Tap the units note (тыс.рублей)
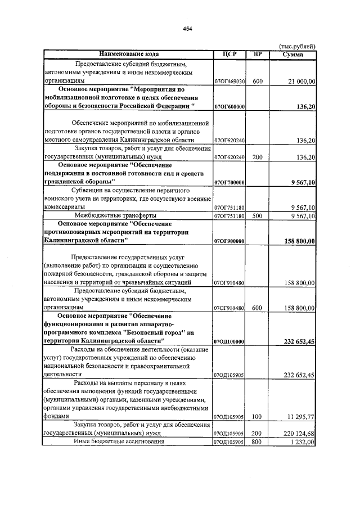click(298, 47)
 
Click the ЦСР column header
click(229, 55)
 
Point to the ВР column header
click(258, 55)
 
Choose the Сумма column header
click(293, 55)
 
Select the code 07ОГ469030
click(229, 82)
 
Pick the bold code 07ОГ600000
click(229, 106)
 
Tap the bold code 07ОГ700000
click(229, 183)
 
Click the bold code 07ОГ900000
click(229, 241)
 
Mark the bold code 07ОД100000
click(229, 341)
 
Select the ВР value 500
click(258, 215)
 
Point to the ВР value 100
click(258, 417)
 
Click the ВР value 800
click(258, 442)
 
